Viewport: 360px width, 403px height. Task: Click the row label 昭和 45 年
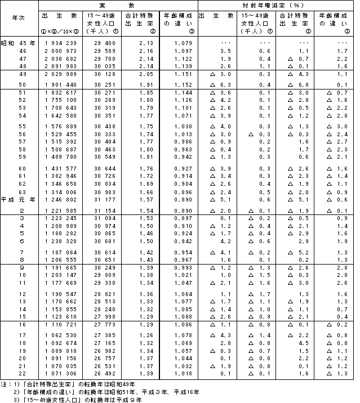click(19, 43)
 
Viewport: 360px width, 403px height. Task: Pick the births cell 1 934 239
click(59, 43)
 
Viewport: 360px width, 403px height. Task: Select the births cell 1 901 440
click(59, 84)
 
